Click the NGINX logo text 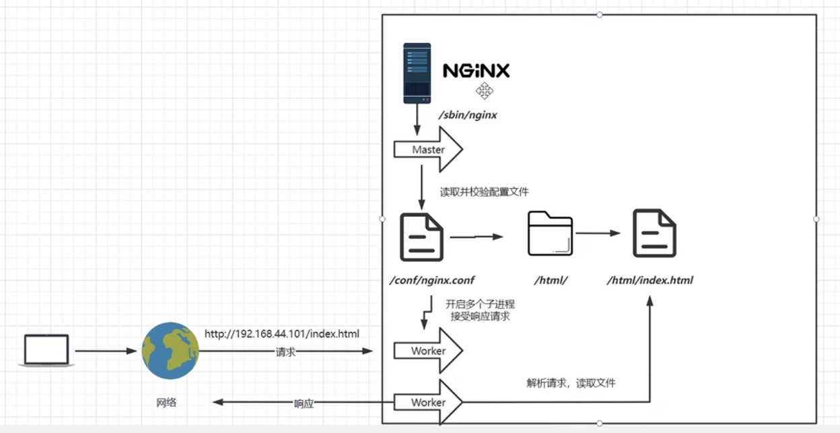click(x=476, y=70)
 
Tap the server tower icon click(x=417, y=73)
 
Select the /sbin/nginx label click(x=468, y=115)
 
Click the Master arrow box click(x=428, y=149)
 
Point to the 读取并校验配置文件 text click(x=485, y=192)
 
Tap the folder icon click(x=550, y=233)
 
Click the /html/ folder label click(x=552, y=280)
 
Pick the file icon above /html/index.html click(x=654, y=233)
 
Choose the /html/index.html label click(x=650, y=280)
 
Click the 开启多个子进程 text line click(x=480, y=304)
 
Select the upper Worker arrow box click(x=428, y=351)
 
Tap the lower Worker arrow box click(x=428, y=402)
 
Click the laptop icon click(x=46, y=350)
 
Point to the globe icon click(x=170, y=351)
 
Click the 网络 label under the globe click(x=166, y=403)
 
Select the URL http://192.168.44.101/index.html click(x=282, y=334)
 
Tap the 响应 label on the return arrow click(x=304, y=403)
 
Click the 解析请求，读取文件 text click(x=571, y=383)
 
